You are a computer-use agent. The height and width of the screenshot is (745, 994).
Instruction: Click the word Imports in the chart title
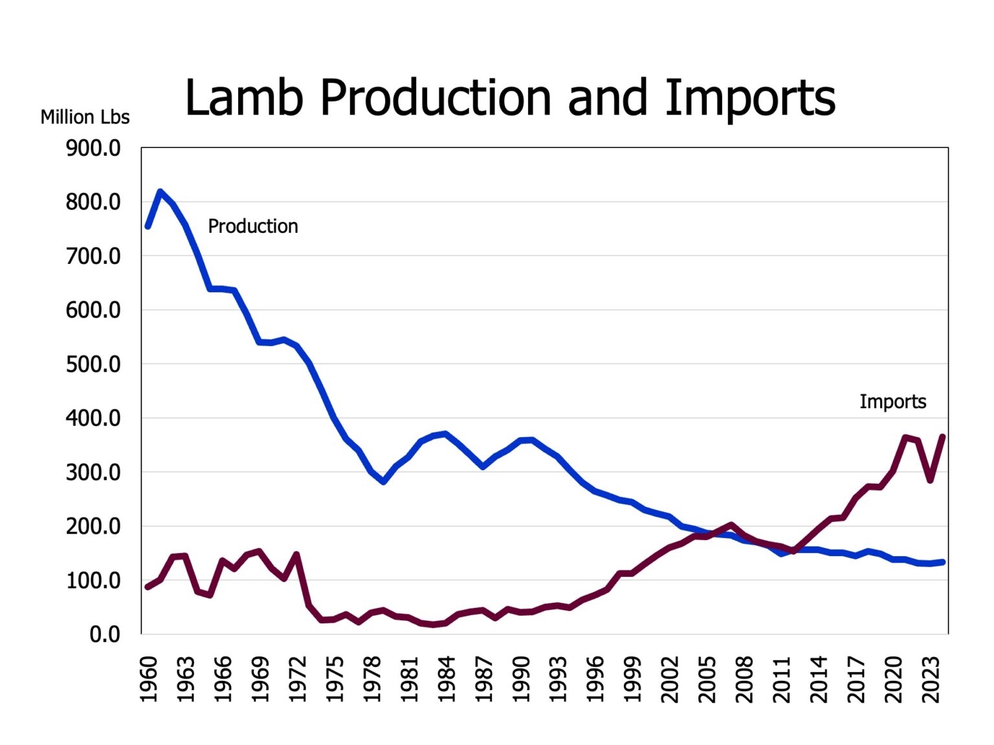(x=750, y=98)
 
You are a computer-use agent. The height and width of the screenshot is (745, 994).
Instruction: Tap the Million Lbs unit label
(x=85, y=117)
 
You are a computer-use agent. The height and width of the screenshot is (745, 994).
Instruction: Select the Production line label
(x=252, y=226)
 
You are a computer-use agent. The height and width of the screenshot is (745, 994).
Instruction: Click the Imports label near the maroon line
(x=892, y=402)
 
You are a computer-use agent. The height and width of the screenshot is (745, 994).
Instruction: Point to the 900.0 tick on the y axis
(x=93, y=148)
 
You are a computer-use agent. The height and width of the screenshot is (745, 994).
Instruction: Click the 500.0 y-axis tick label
(x=93, y=364)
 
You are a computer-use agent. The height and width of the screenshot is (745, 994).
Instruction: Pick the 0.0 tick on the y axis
(x=105, y=634)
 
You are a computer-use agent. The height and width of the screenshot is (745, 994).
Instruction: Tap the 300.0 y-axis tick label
(x=93, y=472)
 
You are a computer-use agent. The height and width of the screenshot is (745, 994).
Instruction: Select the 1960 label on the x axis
(x=149, y=679)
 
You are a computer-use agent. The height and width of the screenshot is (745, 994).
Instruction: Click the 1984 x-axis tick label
(x=447, y=679)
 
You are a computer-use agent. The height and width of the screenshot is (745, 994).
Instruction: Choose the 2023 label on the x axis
(x=931, y=679)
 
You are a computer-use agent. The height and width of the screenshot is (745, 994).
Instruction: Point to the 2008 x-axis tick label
(x=745, y=679)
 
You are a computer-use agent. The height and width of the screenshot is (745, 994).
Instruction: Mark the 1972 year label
(x=298, y=679)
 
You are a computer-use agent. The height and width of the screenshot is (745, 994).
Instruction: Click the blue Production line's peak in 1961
(x=160, y=191)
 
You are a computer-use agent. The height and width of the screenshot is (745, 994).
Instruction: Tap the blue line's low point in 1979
(x=384, y=482)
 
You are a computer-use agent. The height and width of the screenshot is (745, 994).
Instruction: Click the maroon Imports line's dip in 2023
(x=930, y=480)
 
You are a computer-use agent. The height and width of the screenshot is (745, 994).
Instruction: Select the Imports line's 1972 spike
(x=296, y=554)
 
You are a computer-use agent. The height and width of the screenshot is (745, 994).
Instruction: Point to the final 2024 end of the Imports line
(x=943, y=437)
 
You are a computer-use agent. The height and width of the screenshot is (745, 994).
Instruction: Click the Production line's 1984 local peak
(x=445, y=434)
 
